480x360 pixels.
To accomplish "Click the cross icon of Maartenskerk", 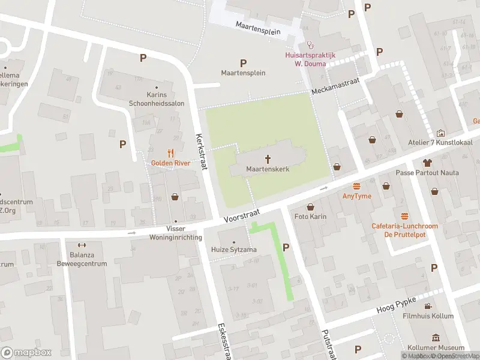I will tap(268, 159).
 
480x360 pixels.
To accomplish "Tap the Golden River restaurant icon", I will tap(170, 152).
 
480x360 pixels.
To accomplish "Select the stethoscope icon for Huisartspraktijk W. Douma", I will tap(310, 44).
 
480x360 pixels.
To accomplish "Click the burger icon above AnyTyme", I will tap(357, 186).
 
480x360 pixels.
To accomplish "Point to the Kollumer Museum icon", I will tap(434, 338).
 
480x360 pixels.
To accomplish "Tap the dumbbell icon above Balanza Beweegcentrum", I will tap(82, 244).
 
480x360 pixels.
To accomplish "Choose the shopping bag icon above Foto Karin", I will tap(310, 207).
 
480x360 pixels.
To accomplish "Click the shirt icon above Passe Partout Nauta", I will tap(427, 163).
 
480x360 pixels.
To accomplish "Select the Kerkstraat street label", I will tap(201, 151).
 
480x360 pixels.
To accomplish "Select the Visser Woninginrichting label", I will tap(175, 233).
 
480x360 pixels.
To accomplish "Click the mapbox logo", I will tap(26, 352).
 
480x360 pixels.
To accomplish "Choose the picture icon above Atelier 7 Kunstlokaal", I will tap(441, 133).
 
